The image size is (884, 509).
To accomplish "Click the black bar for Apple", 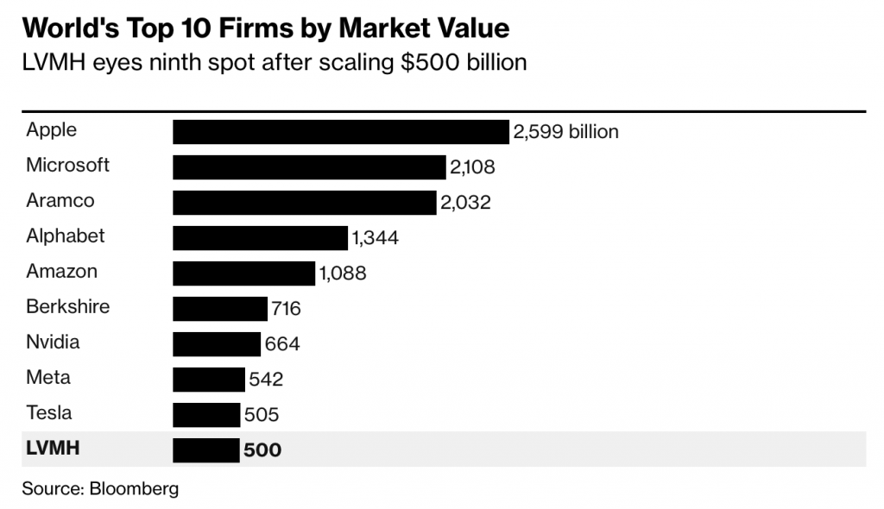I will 341,132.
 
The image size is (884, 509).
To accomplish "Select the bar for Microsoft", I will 309,167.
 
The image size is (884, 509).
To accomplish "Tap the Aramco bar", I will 305,203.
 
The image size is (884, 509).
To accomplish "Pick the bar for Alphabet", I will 260,238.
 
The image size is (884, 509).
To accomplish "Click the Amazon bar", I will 244,273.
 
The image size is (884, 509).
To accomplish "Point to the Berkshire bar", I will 220,309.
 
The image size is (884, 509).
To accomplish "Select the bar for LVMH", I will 206,450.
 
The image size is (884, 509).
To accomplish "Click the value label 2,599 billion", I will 565,132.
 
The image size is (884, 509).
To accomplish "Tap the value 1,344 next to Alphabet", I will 375,238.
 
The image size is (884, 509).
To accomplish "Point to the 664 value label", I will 282,344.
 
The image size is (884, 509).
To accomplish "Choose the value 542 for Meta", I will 266,380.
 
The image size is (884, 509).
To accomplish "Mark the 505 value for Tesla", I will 262,415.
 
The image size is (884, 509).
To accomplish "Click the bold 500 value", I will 262,450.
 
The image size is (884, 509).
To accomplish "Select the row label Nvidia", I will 53,342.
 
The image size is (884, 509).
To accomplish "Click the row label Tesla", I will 48,412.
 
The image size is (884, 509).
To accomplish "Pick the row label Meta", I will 48,377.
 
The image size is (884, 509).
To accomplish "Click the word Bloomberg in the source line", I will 133,488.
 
